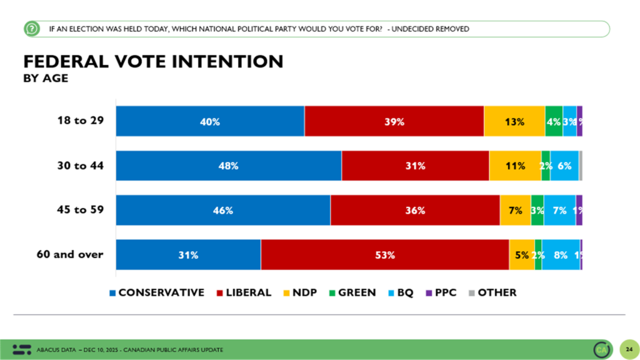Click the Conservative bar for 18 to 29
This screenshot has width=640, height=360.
tap(210, 122)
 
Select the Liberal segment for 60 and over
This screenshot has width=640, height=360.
tap(385, 254)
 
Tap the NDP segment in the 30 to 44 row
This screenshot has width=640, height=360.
tap(515, 166)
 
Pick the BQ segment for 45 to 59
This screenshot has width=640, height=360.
tap(559, 211)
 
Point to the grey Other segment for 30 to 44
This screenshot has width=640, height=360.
tap(581, 166)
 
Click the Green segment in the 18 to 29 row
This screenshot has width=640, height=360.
tap(554, 122)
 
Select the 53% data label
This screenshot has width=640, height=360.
tap(385, 255)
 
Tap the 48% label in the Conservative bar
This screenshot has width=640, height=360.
tap(229, 166)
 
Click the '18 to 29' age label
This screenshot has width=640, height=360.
tap(80, 121)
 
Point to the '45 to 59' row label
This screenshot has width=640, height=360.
tap(80, 210)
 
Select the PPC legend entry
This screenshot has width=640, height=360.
tap(444, 292)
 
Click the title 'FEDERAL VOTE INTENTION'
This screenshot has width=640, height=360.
tap(153, 61)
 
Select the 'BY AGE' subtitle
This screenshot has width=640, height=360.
tap(46, 78)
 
